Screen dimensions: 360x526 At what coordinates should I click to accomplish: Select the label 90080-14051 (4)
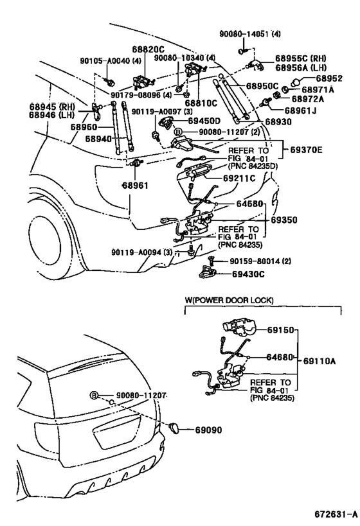250,34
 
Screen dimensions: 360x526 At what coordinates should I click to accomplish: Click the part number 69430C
248,274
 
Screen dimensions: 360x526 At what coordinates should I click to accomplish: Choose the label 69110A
319,361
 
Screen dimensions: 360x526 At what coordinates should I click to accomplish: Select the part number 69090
208,430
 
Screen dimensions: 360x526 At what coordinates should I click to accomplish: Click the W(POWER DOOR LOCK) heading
229,300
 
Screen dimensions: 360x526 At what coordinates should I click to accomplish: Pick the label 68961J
300,110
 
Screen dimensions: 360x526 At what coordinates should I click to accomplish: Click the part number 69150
280,330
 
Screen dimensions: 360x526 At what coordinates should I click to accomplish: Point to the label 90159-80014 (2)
260,261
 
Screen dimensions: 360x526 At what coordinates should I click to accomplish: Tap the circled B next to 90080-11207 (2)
178,132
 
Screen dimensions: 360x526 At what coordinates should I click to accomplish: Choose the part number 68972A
308,99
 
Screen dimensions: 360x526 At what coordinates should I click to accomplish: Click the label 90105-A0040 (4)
111,61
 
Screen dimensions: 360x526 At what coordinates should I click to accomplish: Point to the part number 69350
284,220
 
